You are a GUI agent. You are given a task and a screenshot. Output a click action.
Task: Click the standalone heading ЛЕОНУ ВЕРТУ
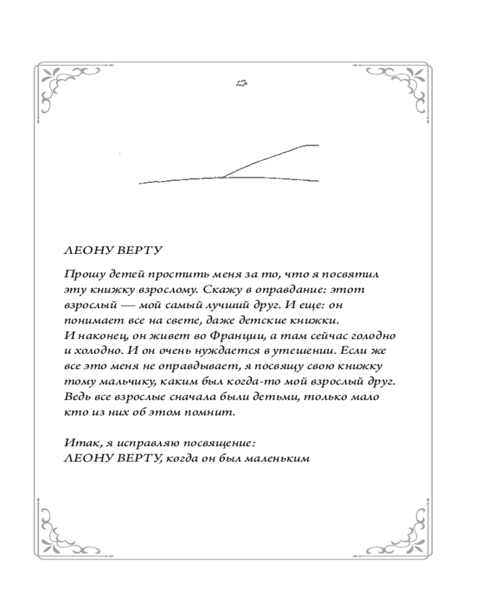pyautogui.click(x=102, y=251)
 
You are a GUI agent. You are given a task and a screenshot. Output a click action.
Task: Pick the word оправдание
pyautogui.click(x=286, y=289)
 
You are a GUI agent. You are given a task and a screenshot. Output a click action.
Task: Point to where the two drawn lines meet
pyautogui.click(x=223, y=177)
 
